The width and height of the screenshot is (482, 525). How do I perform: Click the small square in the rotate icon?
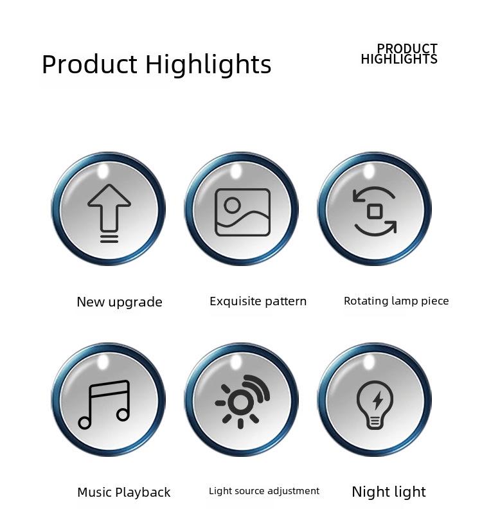coord(375,211)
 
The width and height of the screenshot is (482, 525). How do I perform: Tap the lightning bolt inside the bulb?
coord(378,400)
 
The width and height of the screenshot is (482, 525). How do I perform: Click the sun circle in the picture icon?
coord(232,205)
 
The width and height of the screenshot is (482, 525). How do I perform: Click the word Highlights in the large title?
coord(208,64)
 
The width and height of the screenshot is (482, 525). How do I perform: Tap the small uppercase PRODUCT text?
coord(407,48)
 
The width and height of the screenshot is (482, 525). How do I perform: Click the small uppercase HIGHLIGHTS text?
coord(399,59)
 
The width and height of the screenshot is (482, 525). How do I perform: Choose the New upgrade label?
coord(120,302)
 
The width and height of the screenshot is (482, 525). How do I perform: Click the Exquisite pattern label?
coord(258,301)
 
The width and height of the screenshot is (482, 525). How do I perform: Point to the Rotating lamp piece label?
coord(397,301)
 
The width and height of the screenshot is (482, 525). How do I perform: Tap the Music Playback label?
coord(124,492)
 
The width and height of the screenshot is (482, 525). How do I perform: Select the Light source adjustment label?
coord(264,491)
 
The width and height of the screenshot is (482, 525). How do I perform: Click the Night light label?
coord(389,492)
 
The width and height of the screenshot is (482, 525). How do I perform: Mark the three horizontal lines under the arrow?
coord(109,238)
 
